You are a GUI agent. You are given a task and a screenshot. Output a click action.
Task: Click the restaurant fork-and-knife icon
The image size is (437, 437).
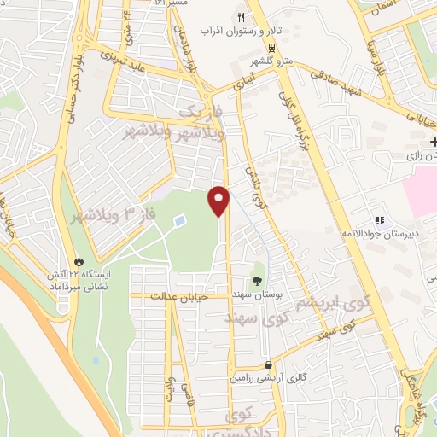click(242, 17)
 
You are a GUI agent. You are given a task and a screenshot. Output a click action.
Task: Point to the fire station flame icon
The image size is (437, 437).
click(79, 261)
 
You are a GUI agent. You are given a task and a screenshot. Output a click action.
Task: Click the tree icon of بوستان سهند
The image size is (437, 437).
click(258, 279)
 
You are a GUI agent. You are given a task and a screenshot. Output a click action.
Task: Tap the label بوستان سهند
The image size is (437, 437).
click(258, 294)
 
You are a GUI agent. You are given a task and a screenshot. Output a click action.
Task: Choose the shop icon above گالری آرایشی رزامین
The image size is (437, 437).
click(268, 364)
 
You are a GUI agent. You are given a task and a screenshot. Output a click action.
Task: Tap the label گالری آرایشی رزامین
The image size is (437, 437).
click(268, 379)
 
